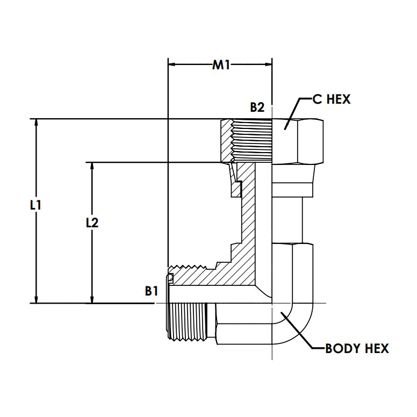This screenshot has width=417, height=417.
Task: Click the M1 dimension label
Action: [221, 65]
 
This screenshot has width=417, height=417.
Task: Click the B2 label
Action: [257, 107]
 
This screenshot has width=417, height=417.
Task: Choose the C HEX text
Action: [332, 99]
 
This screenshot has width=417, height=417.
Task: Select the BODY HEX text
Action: [357, 349]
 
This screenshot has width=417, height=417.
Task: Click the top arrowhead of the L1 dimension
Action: [37, 123]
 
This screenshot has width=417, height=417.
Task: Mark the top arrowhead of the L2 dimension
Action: [93, 167]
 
